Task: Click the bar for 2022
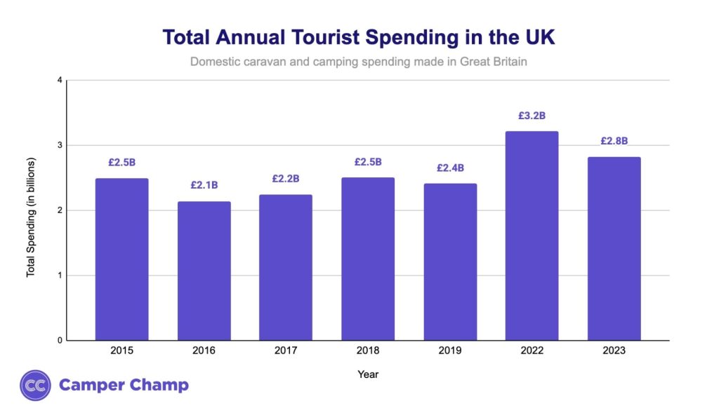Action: (532, 236)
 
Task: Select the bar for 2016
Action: (204, 271)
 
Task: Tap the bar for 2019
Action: (450, 261)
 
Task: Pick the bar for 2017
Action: (286, 267)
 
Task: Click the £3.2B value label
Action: (532, 116)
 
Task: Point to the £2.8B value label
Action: (614, 141)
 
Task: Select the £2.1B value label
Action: (204, 186)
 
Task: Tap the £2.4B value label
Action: (450, 168)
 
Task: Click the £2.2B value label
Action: (286, 179)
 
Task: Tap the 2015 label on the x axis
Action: (121, 350)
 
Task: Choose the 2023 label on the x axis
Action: (614, 350)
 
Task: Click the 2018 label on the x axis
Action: (368, 350)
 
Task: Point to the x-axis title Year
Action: (368, 374)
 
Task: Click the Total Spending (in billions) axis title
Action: (31, 217)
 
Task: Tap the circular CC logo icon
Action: (35, 385)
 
